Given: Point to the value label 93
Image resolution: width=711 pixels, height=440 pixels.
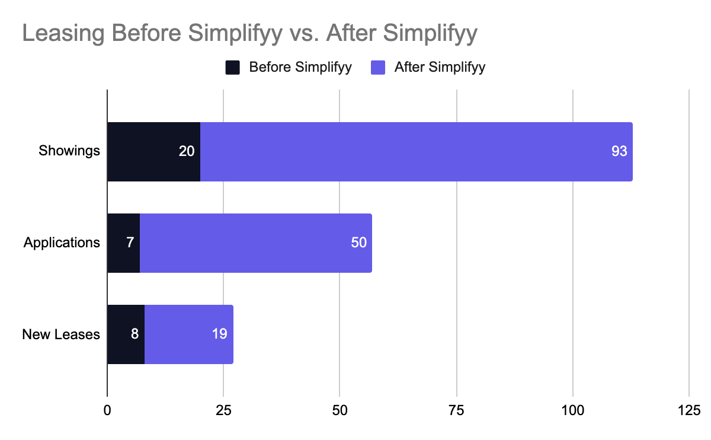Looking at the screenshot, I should tap(619, 151).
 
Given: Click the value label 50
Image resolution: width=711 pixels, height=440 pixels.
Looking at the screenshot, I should tap(358, 243).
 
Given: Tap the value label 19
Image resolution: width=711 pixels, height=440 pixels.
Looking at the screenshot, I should tap(219, 334).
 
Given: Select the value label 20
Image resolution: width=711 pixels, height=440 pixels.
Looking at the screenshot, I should tap(187, 151).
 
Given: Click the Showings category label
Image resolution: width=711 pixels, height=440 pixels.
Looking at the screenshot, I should tap(69, 151).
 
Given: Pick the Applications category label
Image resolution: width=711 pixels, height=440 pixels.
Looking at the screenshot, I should tap(62, 243).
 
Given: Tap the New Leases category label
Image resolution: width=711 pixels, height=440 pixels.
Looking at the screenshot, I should tap(61, 334).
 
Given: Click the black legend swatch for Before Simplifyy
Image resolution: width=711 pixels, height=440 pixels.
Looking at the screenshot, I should tap(232, 67).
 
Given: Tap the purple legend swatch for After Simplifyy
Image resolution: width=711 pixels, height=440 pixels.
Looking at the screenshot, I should tap(378, 67).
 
